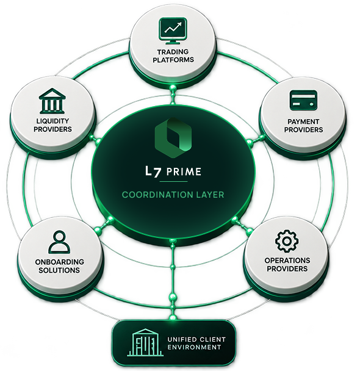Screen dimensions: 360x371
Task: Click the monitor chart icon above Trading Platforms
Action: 173,31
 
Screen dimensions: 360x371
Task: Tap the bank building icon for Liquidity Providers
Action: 52,101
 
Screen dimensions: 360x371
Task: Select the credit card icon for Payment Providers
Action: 303,100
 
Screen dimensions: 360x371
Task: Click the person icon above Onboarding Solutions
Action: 59,242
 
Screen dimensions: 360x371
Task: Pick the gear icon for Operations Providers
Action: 287,241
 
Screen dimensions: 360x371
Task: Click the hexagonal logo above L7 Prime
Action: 173,138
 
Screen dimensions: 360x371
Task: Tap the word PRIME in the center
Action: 184,171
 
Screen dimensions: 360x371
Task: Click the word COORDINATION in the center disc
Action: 158,195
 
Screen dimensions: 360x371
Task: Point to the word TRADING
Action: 173,52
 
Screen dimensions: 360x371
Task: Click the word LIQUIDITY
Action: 52,121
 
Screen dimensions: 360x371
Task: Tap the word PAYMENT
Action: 303,121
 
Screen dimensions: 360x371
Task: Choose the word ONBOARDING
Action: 59,262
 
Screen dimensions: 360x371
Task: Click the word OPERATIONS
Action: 287,261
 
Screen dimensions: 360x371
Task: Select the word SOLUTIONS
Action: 59,270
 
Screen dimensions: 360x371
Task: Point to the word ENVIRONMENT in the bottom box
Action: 194,347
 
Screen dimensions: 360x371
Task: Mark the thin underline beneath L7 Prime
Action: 174,181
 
